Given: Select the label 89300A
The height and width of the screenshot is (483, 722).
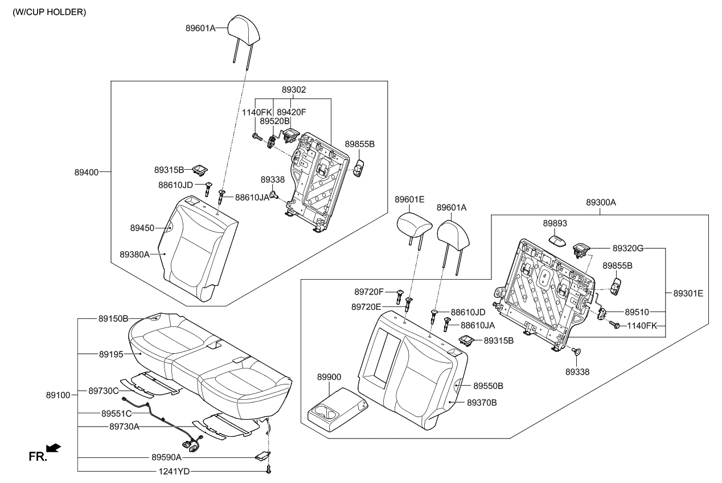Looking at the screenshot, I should point(601,202).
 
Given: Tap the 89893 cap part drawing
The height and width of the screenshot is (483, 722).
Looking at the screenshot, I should point(556,241).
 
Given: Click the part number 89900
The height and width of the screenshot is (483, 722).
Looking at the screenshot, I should point(329,378).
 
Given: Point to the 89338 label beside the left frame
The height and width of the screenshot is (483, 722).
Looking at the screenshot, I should point(272,179).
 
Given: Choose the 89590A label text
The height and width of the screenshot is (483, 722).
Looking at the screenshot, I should point(166,457).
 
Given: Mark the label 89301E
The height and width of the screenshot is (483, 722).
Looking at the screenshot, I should point(688,293).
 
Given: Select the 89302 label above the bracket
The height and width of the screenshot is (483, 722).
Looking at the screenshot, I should point(294,90).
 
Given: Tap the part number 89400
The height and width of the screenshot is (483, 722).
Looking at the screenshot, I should point(86,171).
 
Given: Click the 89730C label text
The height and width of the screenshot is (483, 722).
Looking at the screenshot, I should point(103,391).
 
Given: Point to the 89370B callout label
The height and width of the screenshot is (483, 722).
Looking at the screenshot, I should point(482,402).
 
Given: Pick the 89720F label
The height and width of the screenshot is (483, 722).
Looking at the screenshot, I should point(369,292).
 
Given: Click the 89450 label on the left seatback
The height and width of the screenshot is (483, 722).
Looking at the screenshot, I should point(142,228).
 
